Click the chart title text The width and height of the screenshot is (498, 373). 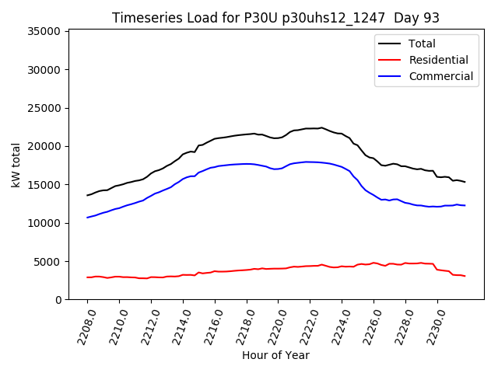[276, 18]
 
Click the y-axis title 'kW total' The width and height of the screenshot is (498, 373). [16, 165]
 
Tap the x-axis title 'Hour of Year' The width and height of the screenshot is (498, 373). [275, 355]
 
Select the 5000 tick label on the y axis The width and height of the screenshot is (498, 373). [48, 261]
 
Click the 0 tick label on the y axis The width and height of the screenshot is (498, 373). [58, 300]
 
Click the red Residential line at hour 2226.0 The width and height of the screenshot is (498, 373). [373, 263]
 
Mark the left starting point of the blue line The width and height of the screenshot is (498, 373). [87, 218]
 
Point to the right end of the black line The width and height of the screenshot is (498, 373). [465, 182]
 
